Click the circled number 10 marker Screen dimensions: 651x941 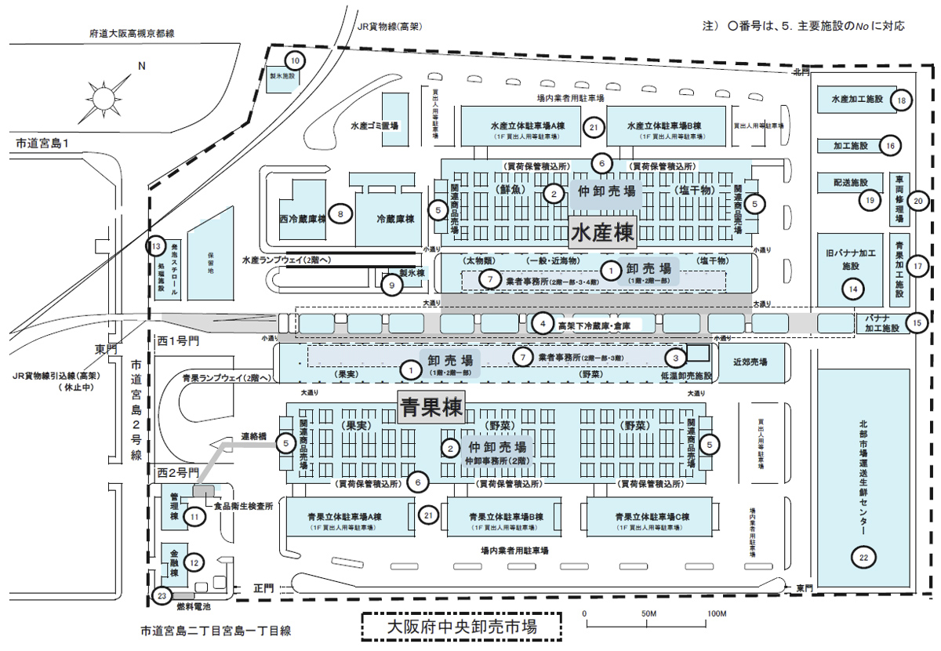click(x=296, y=60)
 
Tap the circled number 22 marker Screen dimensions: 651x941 click(x=863, y=557)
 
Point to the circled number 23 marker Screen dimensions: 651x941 click(x=162, y=595)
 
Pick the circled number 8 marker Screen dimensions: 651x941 click(x=340, y=213)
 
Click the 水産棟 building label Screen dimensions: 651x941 click(x=602, y=233)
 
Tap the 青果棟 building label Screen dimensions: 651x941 click(x=431, y=408)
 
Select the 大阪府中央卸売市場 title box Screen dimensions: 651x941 click(x=462, y=627)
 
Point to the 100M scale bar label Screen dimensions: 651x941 click(x=714, y=613)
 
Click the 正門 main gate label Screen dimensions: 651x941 click(x=263, y=587)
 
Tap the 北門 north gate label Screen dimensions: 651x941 click(x=798, y=73)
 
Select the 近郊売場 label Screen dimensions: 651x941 click(x=750, y=362)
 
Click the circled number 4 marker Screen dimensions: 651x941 click(x=541, y=322)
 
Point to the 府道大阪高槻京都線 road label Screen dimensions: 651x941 click(x=132, y=34)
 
